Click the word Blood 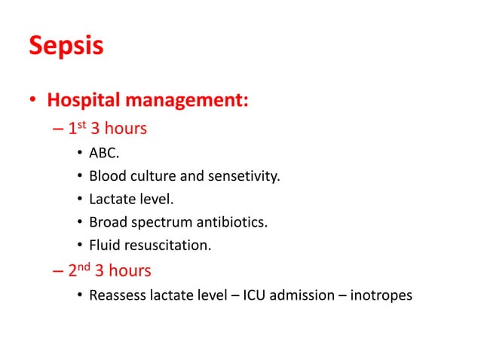pos(106,177)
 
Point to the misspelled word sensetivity pos(244,177)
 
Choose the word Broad pos(106,223)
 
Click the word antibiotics pos(228,223)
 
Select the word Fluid pos(104,246)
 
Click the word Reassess pos(115,295)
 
